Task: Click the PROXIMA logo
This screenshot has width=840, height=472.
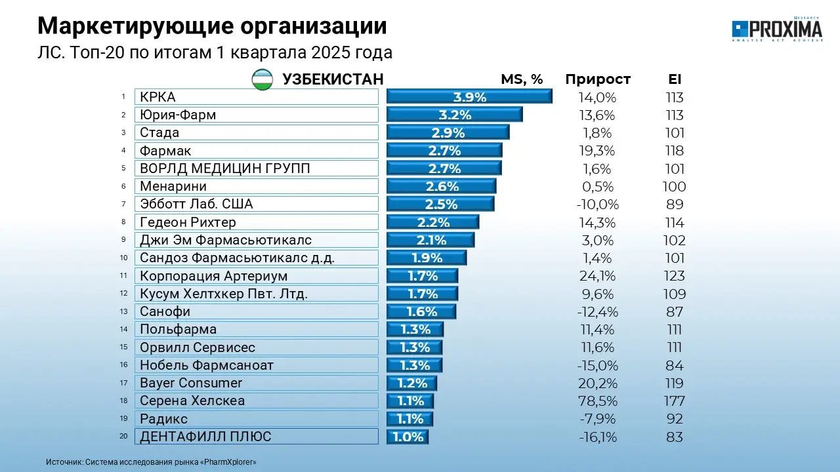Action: (x=777, y=29)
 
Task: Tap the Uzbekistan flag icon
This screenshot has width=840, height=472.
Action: (x=263, y=79)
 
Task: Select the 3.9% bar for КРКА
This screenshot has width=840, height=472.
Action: (x=469, y=97)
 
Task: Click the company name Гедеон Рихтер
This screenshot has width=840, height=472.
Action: (x=188, y=222)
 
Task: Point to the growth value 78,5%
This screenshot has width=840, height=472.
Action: (x=598, y=401)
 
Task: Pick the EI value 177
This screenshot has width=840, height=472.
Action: (x=674, y=401)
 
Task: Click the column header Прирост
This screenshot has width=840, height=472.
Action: (x=598, y=79)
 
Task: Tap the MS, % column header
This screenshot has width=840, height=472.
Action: (x=522, y=79)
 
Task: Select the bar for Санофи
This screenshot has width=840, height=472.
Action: (x=421, y=311)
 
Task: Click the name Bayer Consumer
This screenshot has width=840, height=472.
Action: (x=191, y=383)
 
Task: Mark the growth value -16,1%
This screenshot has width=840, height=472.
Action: (x=598, y=437)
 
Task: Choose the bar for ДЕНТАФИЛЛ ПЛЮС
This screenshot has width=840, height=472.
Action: (x=408, y=437)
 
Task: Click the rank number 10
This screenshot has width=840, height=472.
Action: (x=123, y=258)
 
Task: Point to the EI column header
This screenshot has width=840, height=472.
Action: (x=674, y=79)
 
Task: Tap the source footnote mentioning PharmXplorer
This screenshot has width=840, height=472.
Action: (x=151, y=462)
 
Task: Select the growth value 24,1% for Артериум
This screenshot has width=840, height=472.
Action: (x=598, y=276)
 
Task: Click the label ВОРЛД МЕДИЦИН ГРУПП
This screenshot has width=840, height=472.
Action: (x=225, y=168)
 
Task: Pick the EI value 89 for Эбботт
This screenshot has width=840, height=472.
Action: (x=674, y=205)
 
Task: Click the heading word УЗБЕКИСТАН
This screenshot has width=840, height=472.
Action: (x=333, y=79)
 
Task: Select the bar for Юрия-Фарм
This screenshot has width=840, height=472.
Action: (x=454, y=115)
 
